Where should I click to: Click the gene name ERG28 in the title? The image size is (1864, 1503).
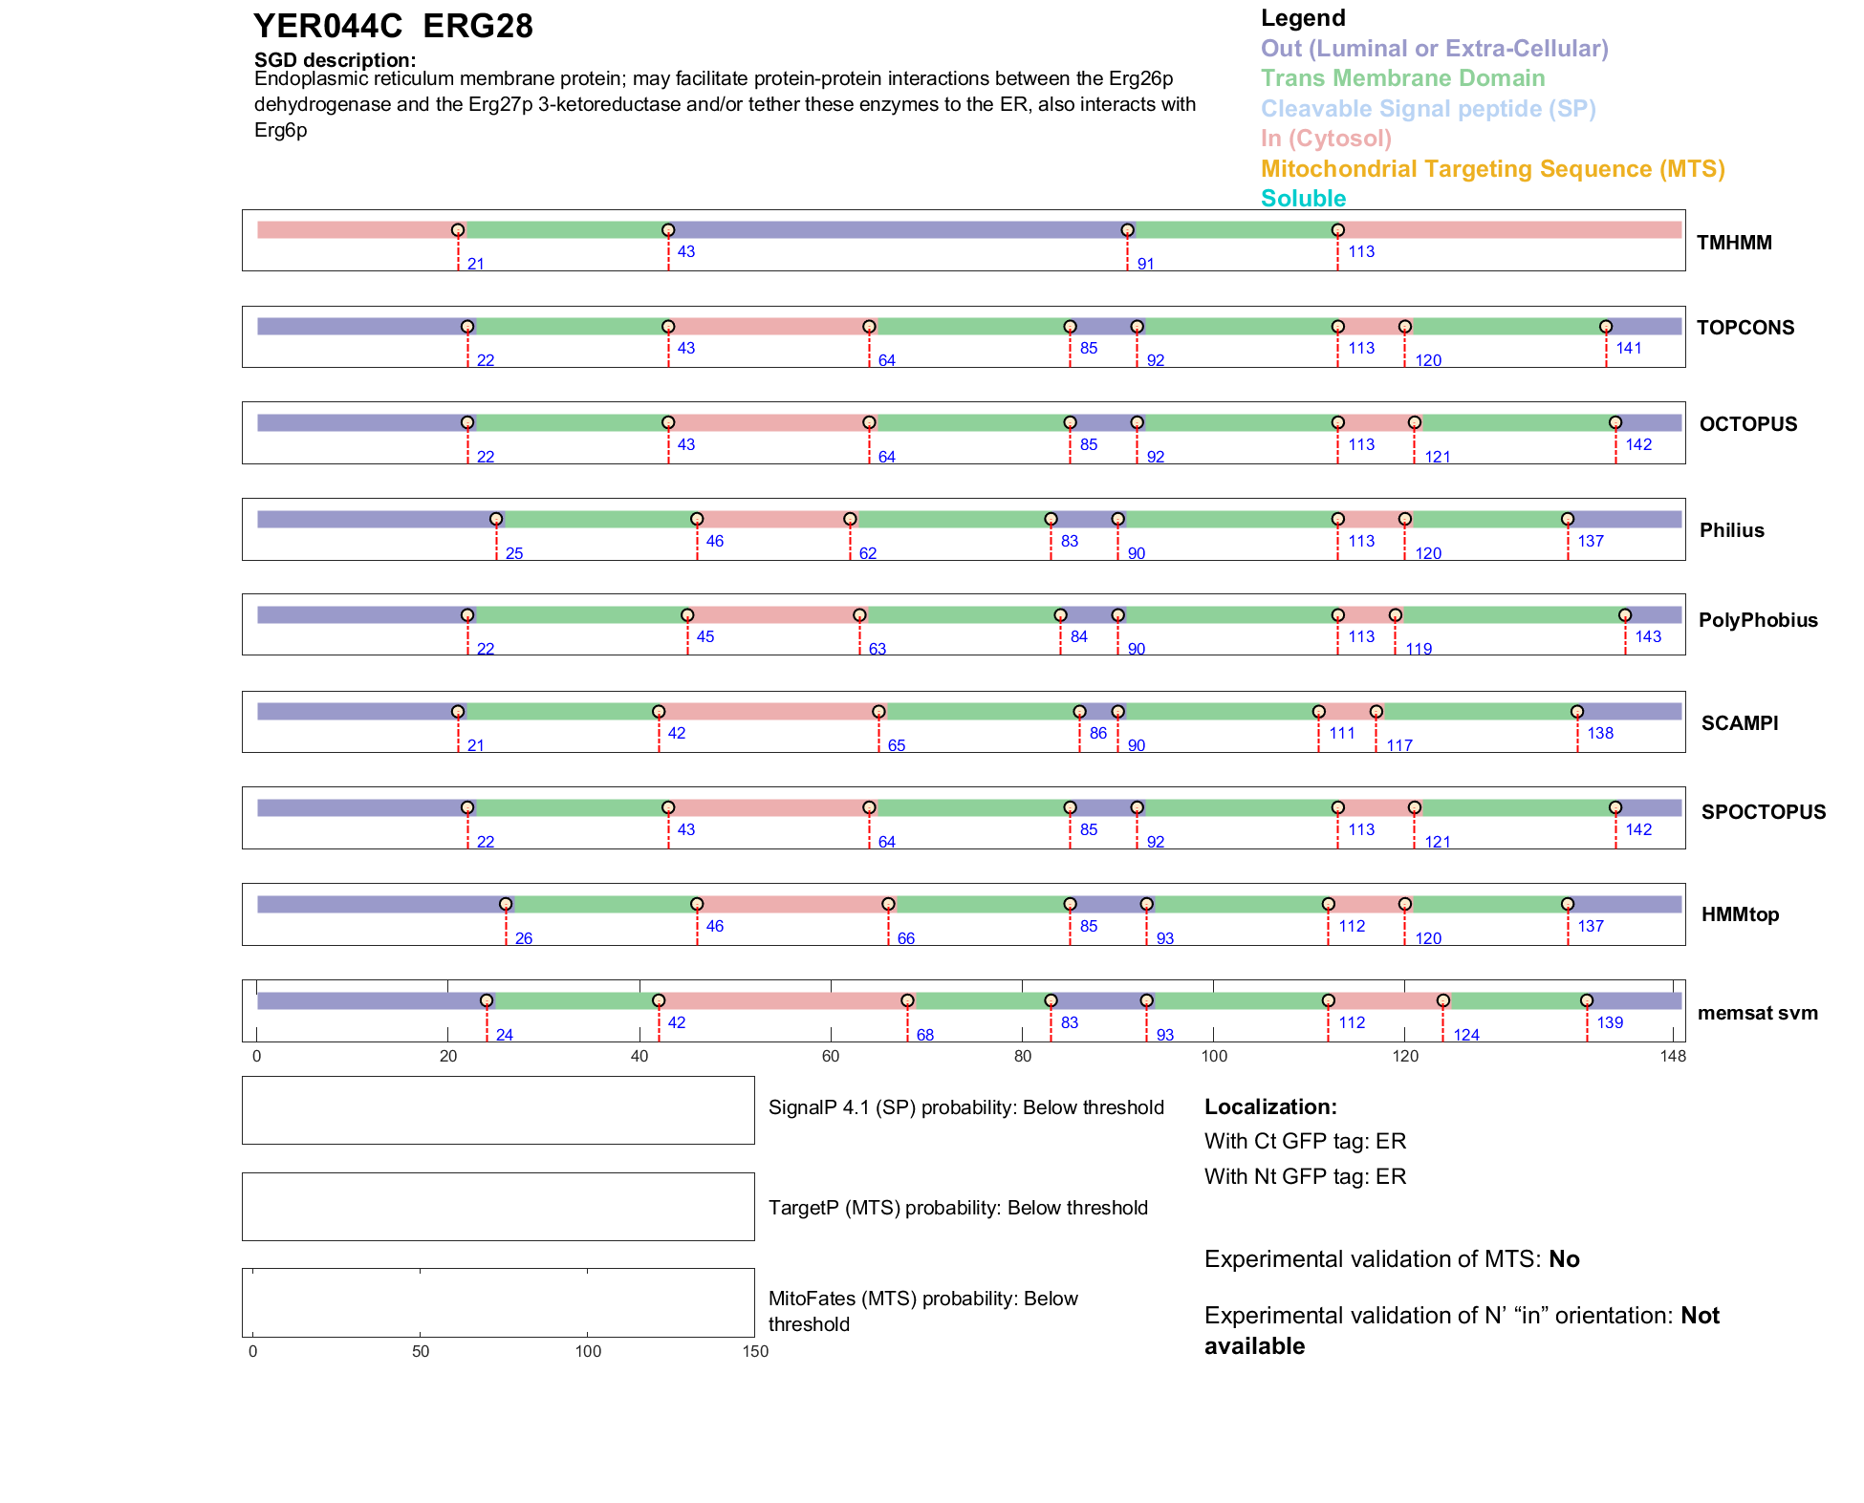477,27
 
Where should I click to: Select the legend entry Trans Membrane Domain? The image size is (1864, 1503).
1402,78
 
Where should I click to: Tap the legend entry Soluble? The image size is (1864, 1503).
1303,199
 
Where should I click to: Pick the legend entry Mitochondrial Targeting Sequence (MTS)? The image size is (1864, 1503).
1492,169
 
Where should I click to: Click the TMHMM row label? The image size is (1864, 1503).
1734,243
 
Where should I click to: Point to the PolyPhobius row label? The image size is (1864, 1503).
1758,620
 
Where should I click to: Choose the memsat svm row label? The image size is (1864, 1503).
1757,1013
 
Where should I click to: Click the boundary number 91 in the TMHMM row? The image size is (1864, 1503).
1145,265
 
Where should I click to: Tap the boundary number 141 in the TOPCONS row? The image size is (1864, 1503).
1629,349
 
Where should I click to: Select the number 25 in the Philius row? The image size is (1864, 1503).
514,554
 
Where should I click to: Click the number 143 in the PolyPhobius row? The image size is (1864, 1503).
1648,637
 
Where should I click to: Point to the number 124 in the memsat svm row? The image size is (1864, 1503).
1466,1036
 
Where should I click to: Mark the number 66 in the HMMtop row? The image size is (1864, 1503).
906,939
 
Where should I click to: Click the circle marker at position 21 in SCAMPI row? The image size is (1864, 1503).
458,712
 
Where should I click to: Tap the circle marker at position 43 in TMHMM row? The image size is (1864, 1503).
668,230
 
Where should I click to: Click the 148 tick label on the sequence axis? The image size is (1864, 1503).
1673,1057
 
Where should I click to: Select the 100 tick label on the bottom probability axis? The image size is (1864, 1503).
588,1352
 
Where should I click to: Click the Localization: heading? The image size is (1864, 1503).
1270,1107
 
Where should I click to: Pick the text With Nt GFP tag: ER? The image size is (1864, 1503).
1305,1177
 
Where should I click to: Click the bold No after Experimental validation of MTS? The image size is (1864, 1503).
1564,1259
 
